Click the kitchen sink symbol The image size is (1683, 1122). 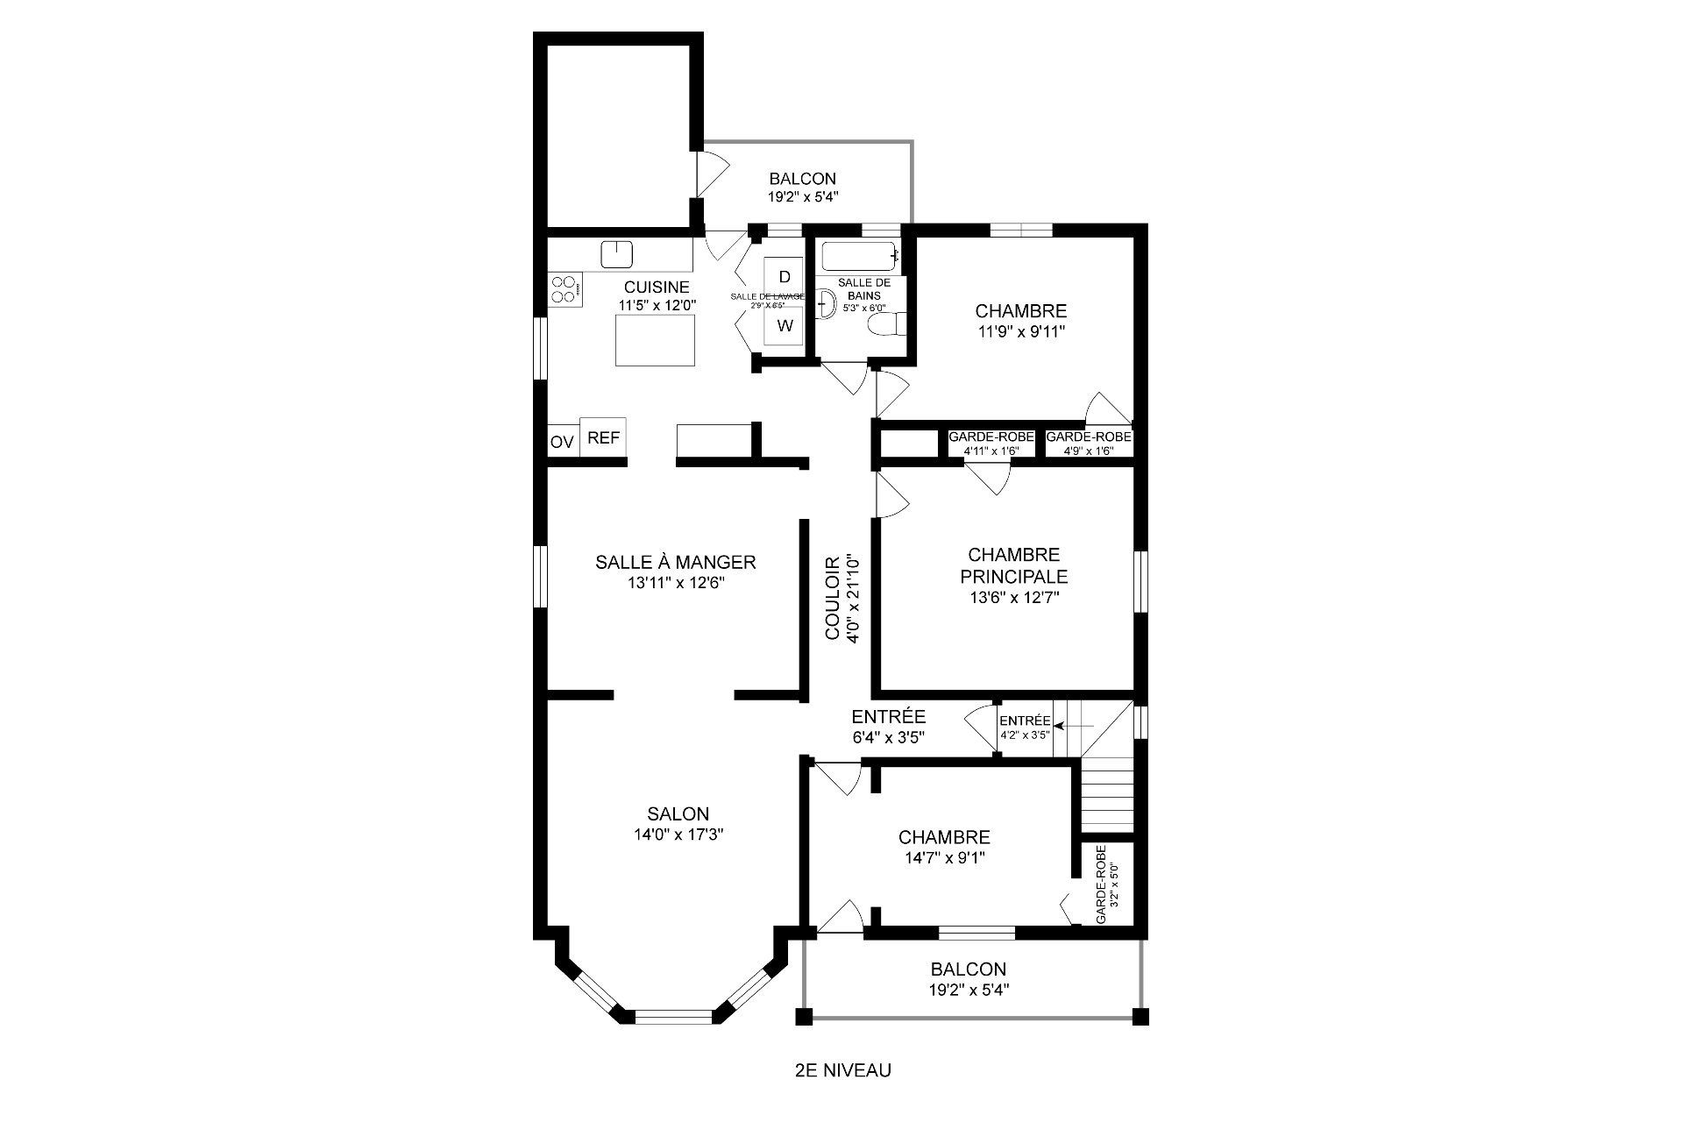(x=617, y=254)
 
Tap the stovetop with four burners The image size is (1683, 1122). (x=565, y=289)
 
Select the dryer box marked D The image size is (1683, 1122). (x=785, y=276)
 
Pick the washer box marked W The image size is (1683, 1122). (x=785, y=326)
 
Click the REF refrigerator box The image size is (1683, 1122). (x=603, y=437)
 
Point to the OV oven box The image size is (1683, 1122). (x=562, y=443)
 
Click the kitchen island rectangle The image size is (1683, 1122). (x=656, y=340)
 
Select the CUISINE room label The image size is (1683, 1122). (x=657, y=287)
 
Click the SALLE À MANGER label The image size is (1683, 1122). (x=675, y=562)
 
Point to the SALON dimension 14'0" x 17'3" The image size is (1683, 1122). (x=678, y=834)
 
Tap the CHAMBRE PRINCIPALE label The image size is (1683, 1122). (x=1014, y=565)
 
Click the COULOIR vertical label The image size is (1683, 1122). (x=832, y=599)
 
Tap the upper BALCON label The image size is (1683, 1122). (x=803, y=179)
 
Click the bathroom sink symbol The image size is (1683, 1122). (x=823, y=304)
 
